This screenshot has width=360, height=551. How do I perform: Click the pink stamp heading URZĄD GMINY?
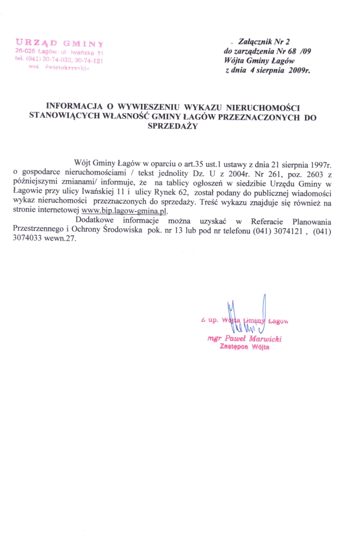pyautogui.click(x=59, y=43)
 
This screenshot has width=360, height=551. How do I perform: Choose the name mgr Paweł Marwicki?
pyautogui.click(x=245, y=339)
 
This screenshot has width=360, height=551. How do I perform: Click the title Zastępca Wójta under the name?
pyautogui.click(x=245, y=348)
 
